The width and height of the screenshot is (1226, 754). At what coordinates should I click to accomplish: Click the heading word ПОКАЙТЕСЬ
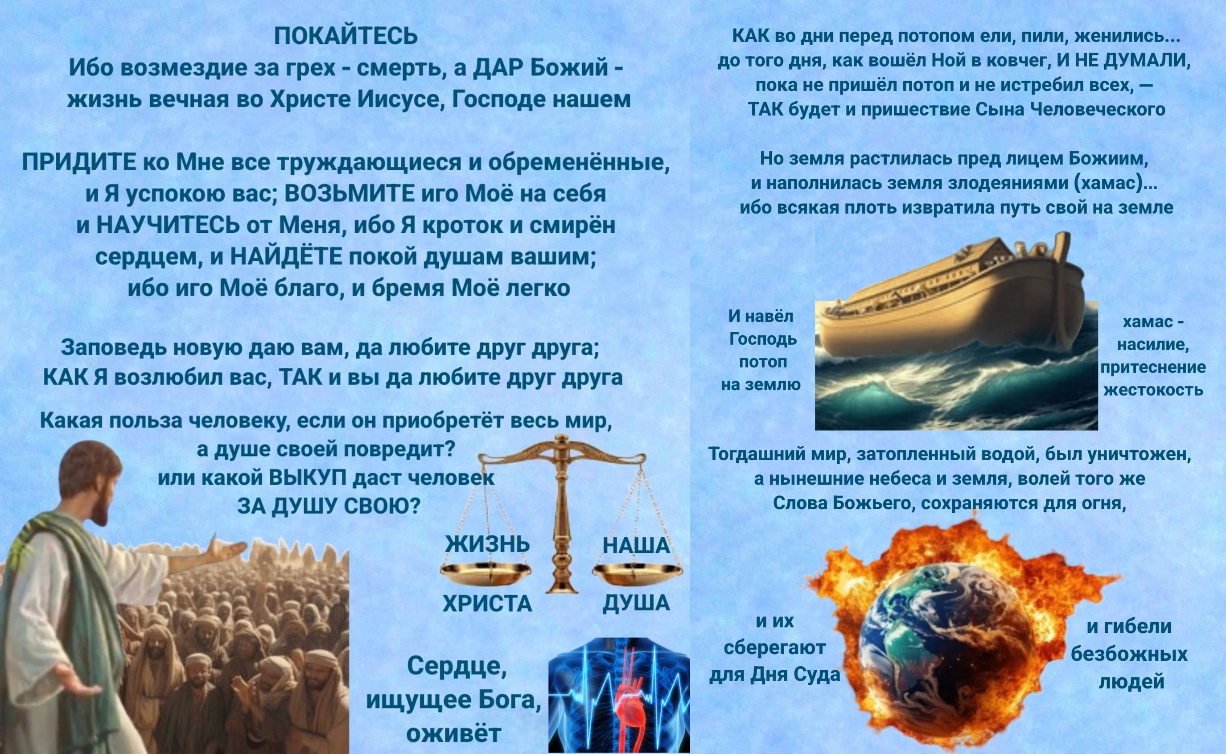click(346, 37)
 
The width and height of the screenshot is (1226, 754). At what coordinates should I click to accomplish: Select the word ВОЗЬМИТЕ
click(349, 194)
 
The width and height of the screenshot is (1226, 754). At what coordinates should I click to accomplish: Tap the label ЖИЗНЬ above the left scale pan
click(487, 544)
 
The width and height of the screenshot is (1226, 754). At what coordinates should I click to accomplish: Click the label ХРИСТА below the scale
click(487, 604)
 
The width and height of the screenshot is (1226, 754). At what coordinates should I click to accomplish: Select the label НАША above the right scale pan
click(636, 545)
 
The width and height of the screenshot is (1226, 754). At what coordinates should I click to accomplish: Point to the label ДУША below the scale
click(636, 603)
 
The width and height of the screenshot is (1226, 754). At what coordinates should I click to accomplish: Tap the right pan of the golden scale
click(637, 574)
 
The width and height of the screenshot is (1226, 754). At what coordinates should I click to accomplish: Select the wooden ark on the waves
click(952, 299)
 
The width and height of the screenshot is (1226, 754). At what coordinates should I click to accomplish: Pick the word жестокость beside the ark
click(1153, 389)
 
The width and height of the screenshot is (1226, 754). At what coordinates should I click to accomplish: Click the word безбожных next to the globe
click(1129, 654)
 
